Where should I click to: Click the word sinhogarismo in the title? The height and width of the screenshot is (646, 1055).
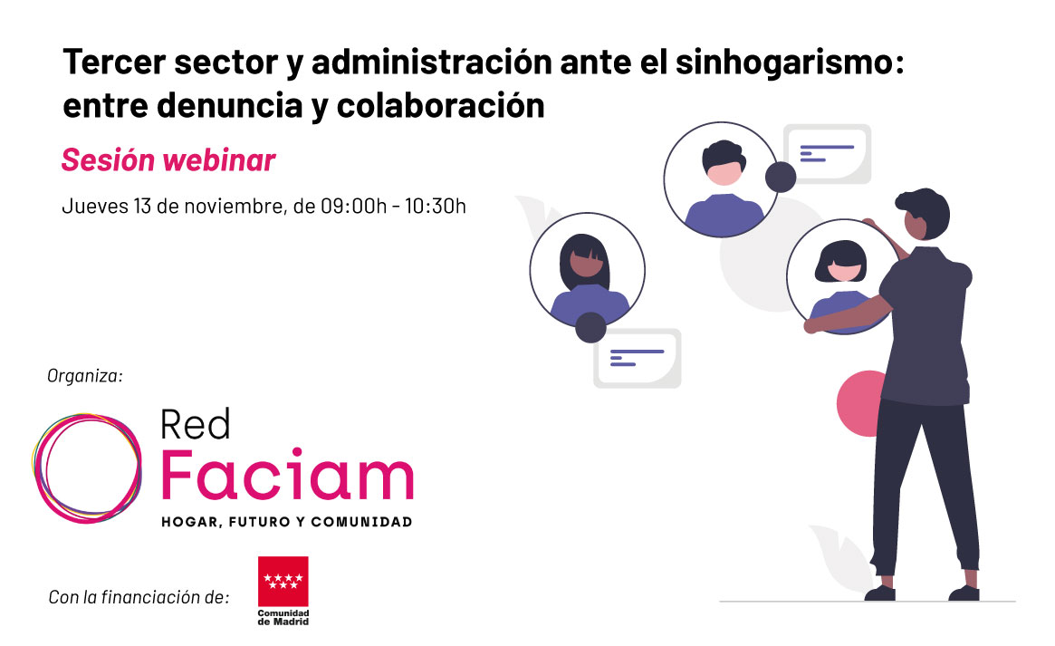point(790,63)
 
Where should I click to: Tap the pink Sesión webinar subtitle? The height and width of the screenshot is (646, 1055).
point(168,160)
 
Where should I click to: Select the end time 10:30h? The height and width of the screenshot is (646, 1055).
point(436,206)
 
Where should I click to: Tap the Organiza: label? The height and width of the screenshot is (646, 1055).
point(85,375)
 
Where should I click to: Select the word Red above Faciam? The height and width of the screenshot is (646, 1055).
point(195,425)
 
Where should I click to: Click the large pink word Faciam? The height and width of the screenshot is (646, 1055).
point(287,475)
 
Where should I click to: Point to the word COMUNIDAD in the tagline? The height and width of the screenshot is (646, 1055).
point(361,522)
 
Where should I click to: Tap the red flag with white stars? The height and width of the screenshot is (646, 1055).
point(283,582)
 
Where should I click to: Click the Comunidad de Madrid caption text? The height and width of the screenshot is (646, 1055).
point(283,618)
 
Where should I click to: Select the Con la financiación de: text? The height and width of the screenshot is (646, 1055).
point(139,597)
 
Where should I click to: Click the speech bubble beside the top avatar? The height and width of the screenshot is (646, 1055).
point(828,153)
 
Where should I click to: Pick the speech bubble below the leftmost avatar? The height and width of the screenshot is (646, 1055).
point(638,358)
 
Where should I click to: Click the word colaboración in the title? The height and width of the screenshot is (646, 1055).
point(441,106)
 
